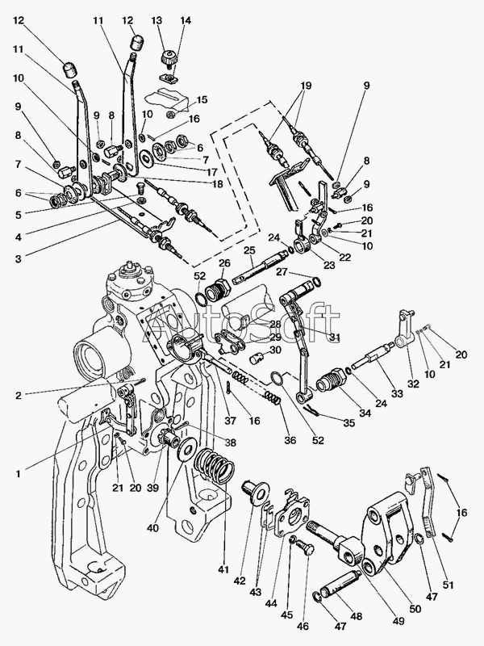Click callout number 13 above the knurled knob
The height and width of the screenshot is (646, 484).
[156, 21]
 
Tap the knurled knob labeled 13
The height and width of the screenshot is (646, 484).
[169, 57]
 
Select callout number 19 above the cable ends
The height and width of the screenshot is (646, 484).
[306, 86]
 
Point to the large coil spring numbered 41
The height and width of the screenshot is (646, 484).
[214, 466]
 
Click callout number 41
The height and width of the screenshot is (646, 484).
[223, 570]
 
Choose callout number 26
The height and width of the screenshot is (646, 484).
[224, 263]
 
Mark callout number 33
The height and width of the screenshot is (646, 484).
[397, 394]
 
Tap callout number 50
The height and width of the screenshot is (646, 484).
[415, 609]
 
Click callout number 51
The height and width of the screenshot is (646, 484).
[448, 585]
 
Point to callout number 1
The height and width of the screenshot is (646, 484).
[18, 474]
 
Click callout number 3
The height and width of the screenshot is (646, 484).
[18, 259]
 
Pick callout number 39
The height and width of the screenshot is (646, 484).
[152, 488]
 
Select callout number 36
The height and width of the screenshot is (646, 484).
[290, 440]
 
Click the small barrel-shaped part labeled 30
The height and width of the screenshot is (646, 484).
[258, 358]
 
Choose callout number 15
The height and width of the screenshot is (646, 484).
[202, 99]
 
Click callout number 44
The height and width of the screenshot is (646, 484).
[271, 603]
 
